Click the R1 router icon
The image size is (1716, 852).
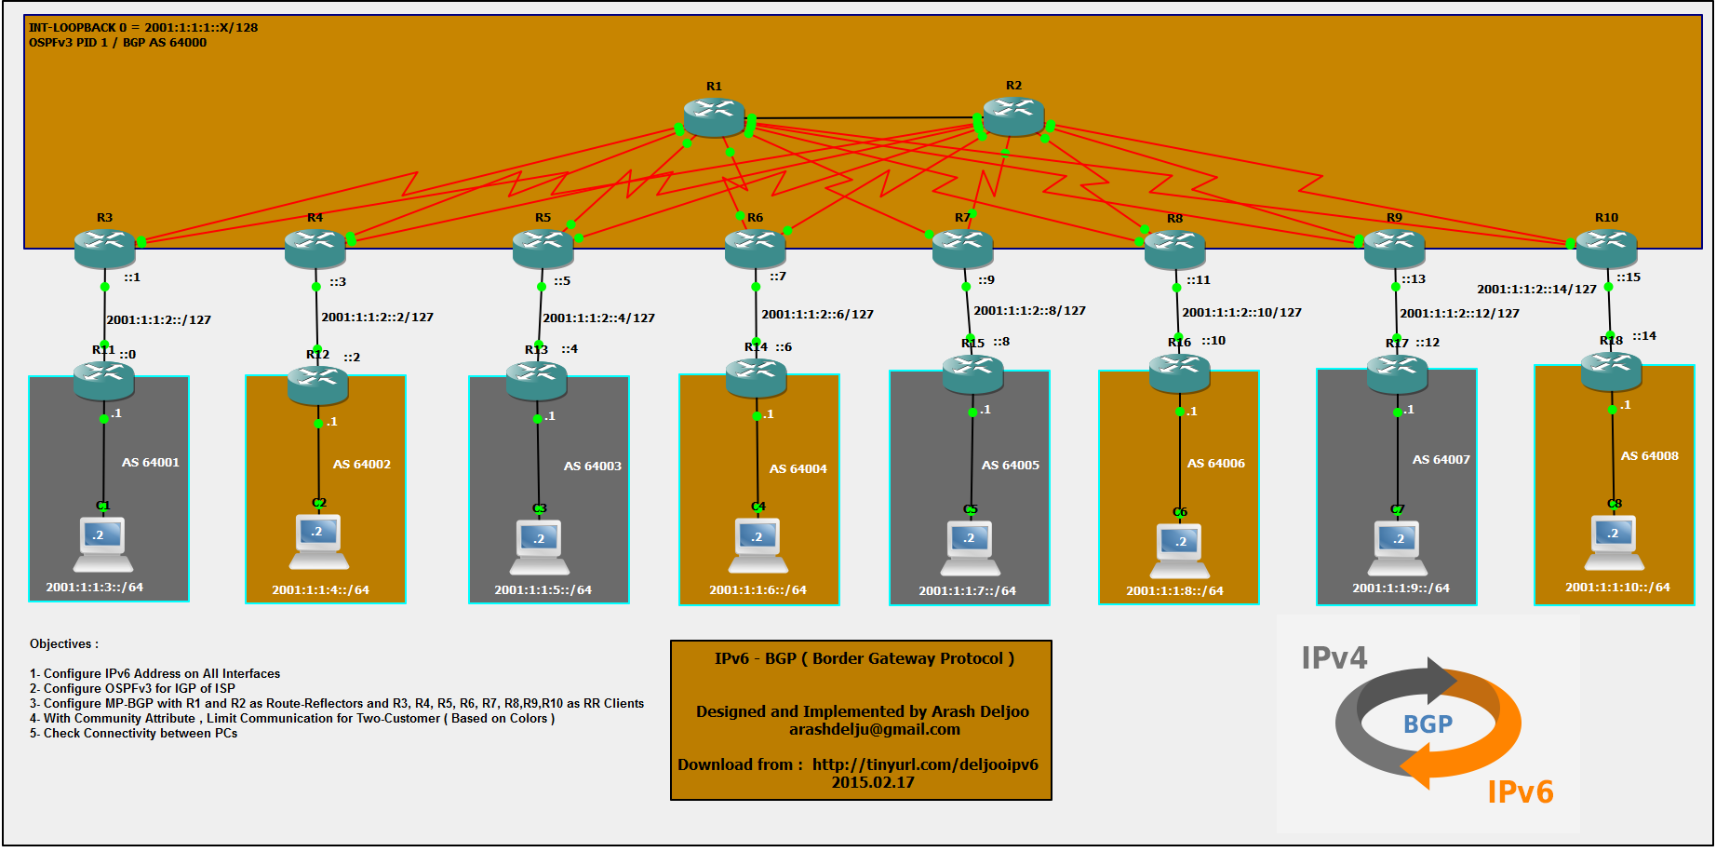click(714, 117)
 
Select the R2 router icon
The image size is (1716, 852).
click(1013, 116)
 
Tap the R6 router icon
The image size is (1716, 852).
click(755, 248)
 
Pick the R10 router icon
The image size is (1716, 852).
click(1606, 248)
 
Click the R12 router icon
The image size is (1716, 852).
click(318, 384)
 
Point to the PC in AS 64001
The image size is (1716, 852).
click(103, 546)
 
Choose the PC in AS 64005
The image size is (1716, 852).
click(971, 548)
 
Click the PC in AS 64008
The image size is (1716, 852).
click(1615, 543)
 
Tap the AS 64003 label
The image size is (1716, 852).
click(593, 467)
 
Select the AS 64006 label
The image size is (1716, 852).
click(1216, 464)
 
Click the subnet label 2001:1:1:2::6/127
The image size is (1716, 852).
click(818, 315)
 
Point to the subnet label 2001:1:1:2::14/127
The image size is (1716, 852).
click(1536, 290)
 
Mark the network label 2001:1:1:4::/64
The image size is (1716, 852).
click(321, 590)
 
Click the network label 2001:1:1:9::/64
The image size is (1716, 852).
click(1401, 588)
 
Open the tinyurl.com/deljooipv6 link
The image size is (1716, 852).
click(925, 765)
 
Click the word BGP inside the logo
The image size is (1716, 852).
click(1428, 724)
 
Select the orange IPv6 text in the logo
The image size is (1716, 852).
click(1521, 792)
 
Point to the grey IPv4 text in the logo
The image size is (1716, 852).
click(1334, 658)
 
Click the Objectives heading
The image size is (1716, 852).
click(63, 644)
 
